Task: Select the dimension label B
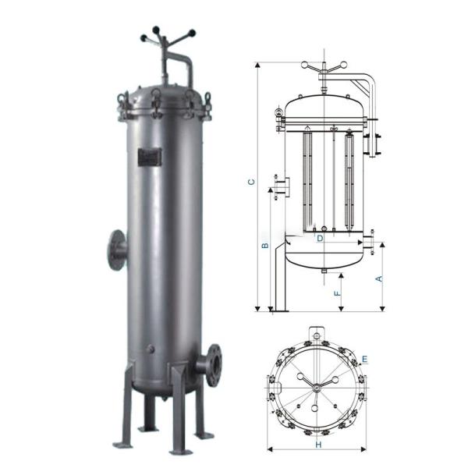[x=264, y=246]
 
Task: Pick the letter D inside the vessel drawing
[x=319, y=238]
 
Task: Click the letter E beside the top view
[x=364, y=359]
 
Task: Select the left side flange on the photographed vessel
[x=117, y=250]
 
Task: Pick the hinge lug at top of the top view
[x=316, y=334]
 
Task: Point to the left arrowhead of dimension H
[x=270, y=449]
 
